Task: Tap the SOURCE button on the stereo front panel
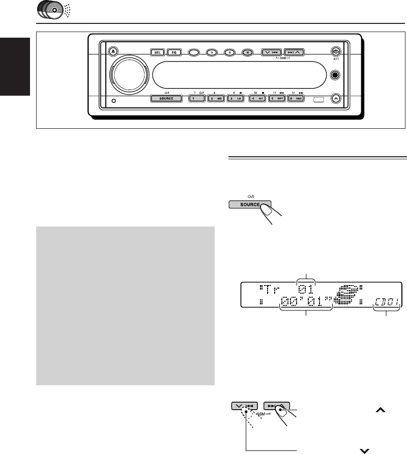(166, 98)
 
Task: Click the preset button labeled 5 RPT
(278, 98)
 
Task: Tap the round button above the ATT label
(335, 52)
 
